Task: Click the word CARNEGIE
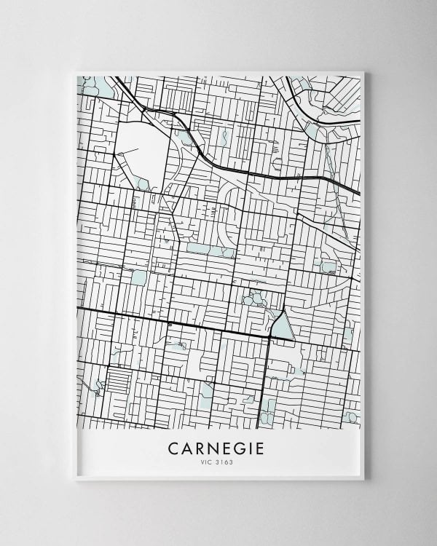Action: click(219, 448)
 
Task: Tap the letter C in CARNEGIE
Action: click(173, 448)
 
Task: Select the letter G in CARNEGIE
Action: click(238, 448)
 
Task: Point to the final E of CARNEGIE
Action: click(264, 448)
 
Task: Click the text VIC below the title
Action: click(208, 462)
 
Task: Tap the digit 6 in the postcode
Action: click(227, 462)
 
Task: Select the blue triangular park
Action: click(282, 328)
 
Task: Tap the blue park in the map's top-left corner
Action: click(95, 87)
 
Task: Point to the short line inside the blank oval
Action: click(125, 153)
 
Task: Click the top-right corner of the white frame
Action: click(362, 73)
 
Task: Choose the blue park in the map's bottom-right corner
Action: click(351, 417)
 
